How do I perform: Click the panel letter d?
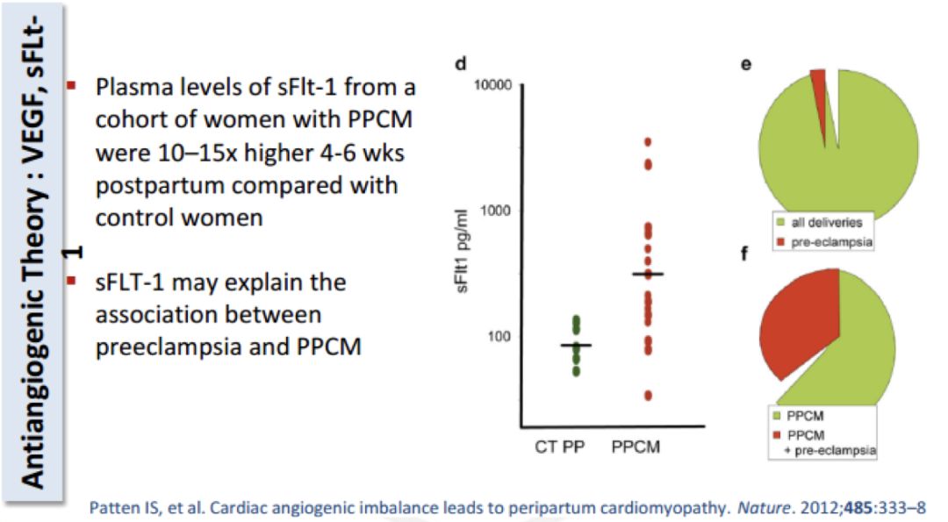coord(460,63)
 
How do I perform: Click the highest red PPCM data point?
coord(648,141)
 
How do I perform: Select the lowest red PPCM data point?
coord(648,396)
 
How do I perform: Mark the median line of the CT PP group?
coord(576,345)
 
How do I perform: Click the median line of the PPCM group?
coord(648,275)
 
